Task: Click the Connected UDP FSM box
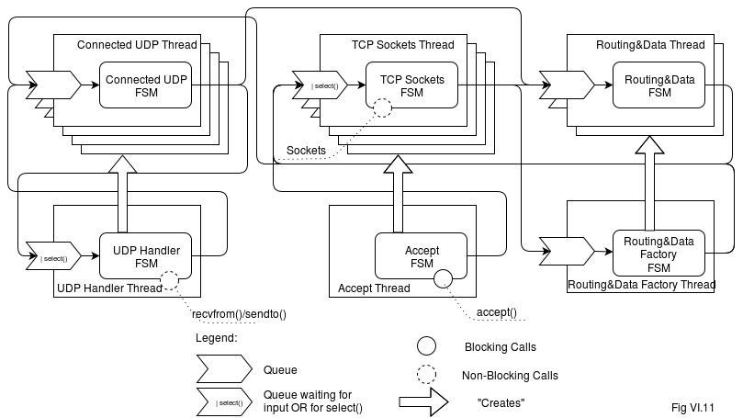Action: coord(146,86)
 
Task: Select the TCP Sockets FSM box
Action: coord(411,86)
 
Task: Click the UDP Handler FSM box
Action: coord(146,256)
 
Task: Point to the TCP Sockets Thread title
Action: coord(402,45)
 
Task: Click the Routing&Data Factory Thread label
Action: coord(641,286)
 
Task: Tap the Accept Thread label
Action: coord(374,288)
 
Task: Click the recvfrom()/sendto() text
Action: coord(239,314)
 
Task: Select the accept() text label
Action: coord(496,313)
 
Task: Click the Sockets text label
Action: coord(306,150)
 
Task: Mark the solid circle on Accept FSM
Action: coord(444,278)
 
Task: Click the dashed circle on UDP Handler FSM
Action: coord(169,279)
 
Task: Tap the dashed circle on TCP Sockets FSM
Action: coord(381,108)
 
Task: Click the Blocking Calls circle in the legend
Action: coord(426,347)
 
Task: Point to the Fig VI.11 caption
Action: coord(692,406)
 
